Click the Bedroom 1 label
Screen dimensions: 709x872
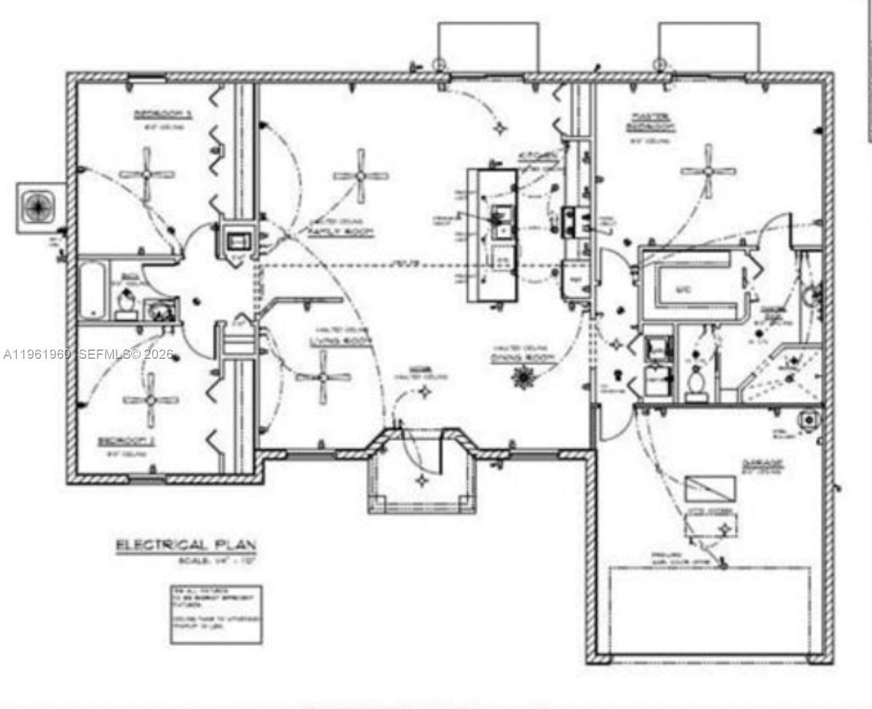click(163, 114)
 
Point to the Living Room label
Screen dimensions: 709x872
click(341, 342)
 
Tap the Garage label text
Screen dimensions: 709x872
click(762, 464)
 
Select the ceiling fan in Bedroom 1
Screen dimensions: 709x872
click(147, 174)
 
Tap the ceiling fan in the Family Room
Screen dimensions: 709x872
click(361, 176)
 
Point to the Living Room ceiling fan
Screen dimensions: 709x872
click(323, 377)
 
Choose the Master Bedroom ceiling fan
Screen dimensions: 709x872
click(708, 170)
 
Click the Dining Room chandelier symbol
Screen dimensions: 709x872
click(523, 376)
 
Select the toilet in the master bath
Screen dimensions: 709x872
click(694, 381)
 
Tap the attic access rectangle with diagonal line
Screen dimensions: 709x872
click(710, 488)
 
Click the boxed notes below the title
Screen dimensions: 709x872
click(214, 614)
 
